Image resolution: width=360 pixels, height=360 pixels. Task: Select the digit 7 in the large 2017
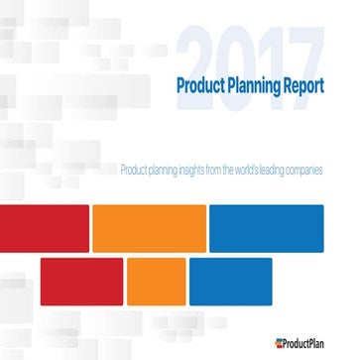[x=302, y=52]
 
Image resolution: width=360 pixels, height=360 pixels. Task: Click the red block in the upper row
[x=44, y=226]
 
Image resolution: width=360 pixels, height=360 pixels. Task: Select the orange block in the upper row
[x=148, y=226]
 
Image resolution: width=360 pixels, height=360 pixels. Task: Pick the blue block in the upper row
[x=266, y=226]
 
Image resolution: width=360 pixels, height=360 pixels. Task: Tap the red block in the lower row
[x=81, y=281]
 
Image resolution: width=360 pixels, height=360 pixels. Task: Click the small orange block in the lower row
[x=156, y=281]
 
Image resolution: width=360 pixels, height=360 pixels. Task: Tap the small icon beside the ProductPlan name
[x=281, y=343]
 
